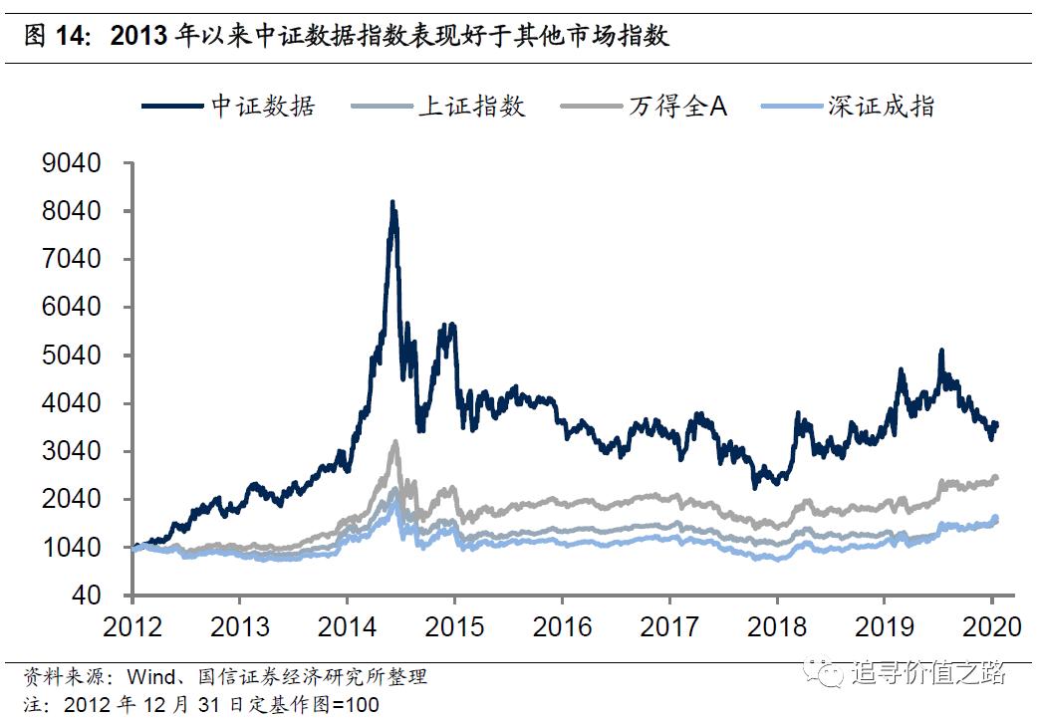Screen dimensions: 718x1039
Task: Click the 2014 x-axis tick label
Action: tap(346, 626)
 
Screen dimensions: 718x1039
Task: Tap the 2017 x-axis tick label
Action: tap(668, 626)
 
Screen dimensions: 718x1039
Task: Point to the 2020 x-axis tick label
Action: tap(991, 626)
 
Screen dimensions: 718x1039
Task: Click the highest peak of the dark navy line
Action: tap(392, 203)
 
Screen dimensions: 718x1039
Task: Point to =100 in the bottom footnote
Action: tap(355, 705)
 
